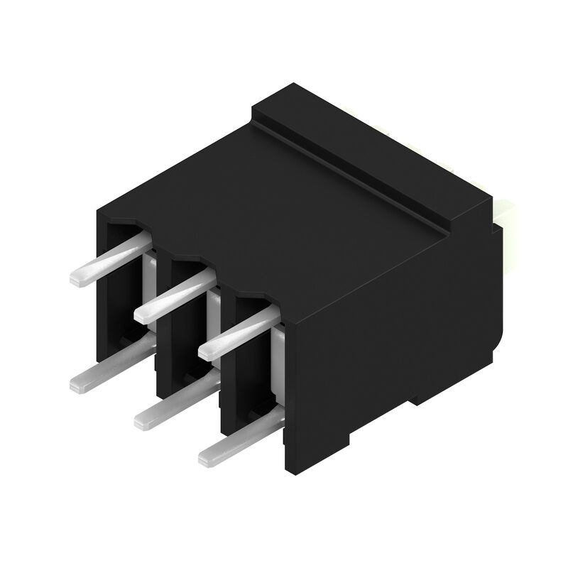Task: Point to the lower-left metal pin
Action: [110, 366]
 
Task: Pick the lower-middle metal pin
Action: [174, 403]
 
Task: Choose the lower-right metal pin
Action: [238, 440]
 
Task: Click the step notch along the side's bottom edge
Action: [412, 405]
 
